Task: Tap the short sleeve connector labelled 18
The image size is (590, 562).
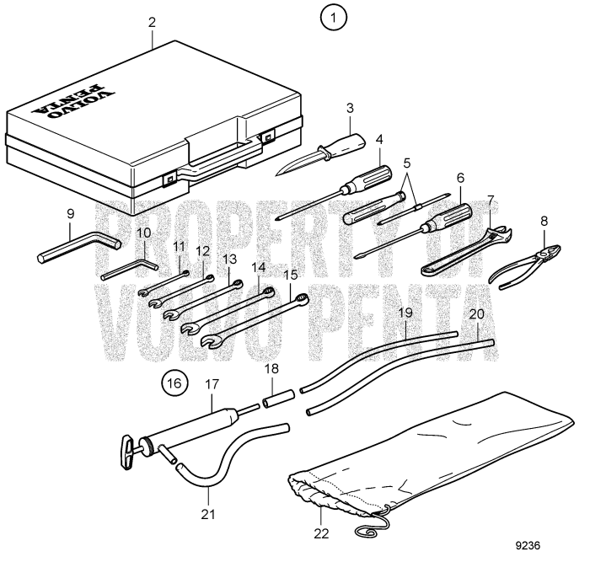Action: pos(279,395)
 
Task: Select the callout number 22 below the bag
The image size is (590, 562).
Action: pos(321,533)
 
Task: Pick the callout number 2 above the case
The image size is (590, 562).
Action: pos(152,20)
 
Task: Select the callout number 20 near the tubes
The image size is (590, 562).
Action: pos(477,313)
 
